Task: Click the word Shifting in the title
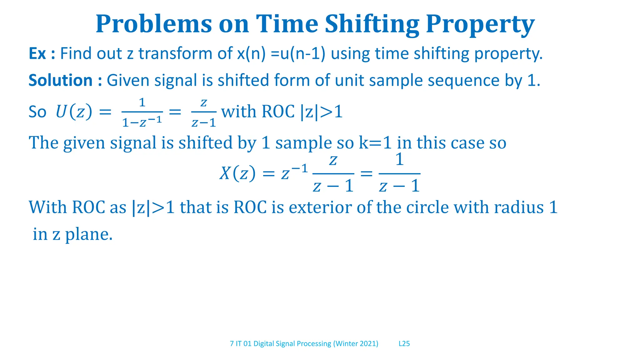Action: tap(372, 24)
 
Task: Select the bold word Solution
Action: tap(61, 80)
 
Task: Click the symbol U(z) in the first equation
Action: tap(74, 112)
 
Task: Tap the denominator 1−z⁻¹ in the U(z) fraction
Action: tap(142, 122)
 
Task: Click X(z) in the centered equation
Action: tap(237, 173)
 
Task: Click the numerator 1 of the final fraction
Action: tap(399, 160)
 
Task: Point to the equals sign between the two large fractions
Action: tap(366, 173)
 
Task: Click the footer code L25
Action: tap(404, 344)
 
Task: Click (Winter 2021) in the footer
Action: tap(356, 344)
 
